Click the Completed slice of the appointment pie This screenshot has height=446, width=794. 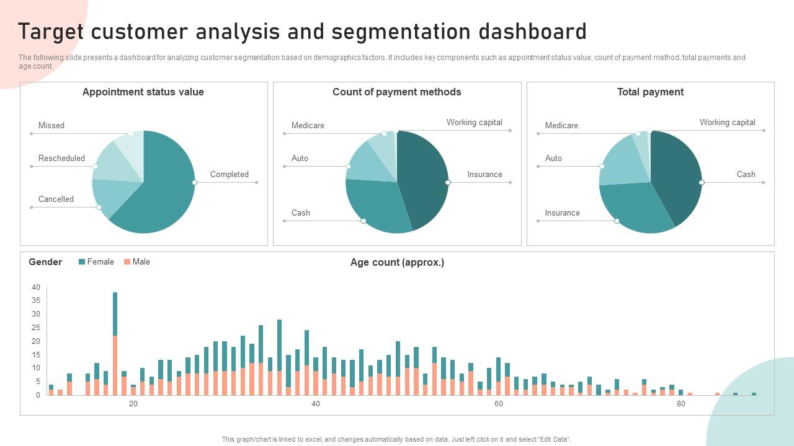coord(164,192)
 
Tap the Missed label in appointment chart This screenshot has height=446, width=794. coord(51,125)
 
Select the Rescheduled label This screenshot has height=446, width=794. coord(61,158)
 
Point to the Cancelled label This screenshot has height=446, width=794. coord(56,199)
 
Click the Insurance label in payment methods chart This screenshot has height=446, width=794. coord(484,174)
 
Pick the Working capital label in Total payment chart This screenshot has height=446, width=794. coord(727,122)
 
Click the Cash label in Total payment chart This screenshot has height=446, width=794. coord(746,174)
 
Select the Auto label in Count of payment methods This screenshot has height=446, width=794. coord(300,158)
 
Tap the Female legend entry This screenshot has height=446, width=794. coord(100,261)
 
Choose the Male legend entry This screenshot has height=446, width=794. coord(141,261)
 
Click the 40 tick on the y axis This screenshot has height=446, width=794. coord(36,287)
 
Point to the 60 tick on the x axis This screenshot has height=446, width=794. coord(498,404)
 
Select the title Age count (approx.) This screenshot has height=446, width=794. coord(397,262)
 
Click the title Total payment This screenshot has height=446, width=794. coord(650,92)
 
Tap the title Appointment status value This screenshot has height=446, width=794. coord(143,92)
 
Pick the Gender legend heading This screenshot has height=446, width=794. coord(45,262)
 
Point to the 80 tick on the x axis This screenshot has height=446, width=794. coord(680,404)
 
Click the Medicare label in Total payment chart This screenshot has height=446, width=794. coord(561,125)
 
